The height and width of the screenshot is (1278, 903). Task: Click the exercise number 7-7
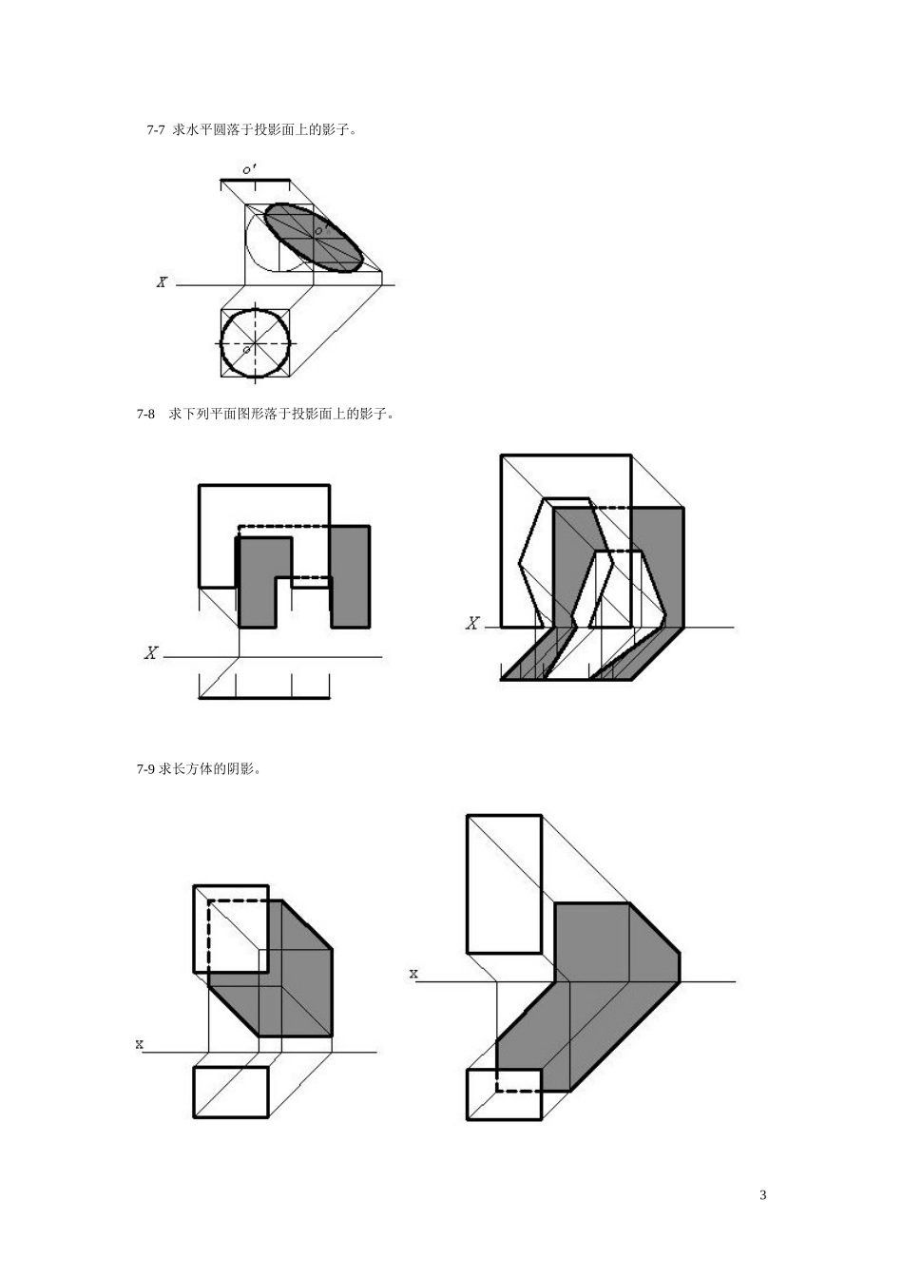point(156,130)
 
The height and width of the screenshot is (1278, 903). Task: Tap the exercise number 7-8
point(145,415)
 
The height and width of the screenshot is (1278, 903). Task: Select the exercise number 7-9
point(145,769)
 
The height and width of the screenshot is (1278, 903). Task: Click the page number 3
point(762,1195)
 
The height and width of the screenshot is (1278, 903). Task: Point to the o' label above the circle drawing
point(249,169)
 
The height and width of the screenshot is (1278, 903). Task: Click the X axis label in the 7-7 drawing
point(162,281)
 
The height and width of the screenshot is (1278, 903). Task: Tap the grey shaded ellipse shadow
point(313,238)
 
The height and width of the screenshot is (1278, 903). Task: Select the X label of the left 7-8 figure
point(150,652)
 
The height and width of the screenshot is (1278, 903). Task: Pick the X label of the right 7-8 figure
point(472,623)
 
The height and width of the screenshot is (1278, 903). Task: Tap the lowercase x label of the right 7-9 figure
point(413,974)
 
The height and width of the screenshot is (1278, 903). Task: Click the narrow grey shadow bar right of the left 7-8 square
point(350,576)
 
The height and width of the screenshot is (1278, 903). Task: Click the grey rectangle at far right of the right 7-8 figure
point(658,567)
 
